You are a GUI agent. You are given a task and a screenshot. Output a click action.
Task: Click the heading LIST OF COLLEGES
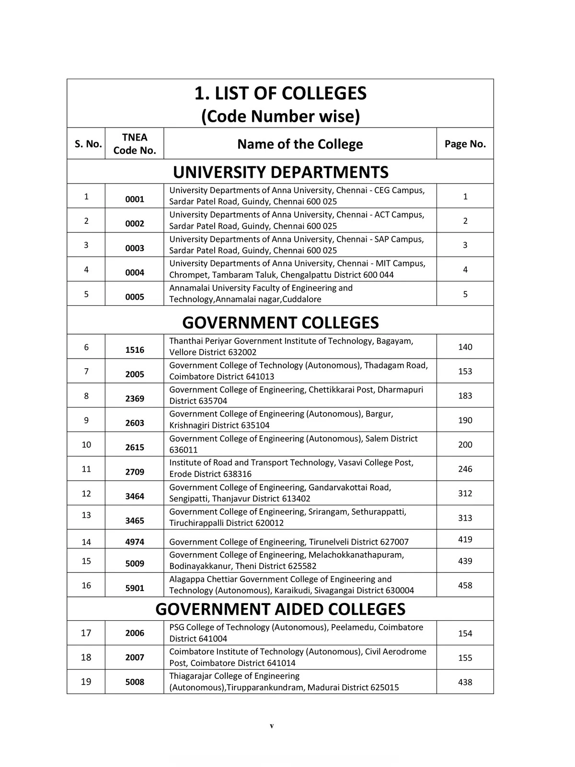pyautogui.click(x=280, y=93)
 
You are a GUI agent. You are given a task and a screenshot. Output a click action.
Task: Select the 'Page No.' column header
pyautogui.click(x=465, y=144)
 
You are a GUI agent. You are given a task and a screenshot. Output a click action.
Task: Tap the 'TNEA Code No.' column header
pyautogui.click(x=135, y=144)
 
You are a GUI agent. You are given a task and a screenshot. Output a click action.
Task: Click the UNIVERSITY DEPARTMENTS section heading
pyautogui.click(x=280, y=172)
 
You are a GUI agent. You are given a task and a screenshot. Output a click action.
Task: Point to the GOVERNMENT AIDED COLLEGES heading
pyautogui.click(x=280, y=609)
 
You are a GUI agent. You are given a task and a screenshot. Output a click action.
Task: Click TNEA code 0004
pyautogui.click(x=135, y=272)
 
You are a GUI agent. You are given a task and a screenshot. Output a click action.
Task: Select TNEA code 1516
pyautogui.click(x=135, y=350)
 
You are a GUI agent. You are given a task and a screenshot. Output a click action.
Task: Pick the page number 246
pyautogui.click(x=465, y=469)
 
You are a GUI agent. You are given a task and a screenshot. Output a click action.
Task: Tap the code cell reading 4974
pyautogui.click(x=135, y=542)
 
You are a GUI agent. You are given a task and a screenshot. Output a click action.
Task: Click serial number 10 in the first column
pyautogui.click(x=86, y=444)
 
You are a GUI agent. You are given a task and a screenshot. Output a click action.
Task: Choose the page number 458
pyautogui.click(x=465, y=585)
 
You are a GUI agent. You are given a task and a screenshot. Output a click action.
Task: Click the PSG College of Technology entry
pyautogui.click(x=296, y=633)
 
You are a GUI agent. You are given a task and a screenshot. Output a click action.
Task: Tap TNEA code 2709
pyautogui.click(x=135, y=472)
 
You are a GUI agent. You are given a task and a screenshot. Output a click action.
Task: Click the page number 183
pyautogui.click(x=465, y=395)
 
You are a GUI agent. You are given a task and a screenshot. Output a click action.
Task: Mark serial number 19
pyautogui.click(x=86, y=682)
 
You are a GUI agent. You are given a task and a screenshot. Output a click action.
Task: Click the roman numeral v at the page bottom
pyautogui.click(x=272, y=726)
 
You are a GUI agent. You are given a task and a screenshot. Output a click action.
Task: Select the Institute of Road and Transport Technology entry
pyautogui.click(x=291, y=468)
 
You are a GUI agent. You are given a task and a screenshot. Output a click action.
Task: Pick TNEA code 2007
pyautogui.click(x=135, y=657)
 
